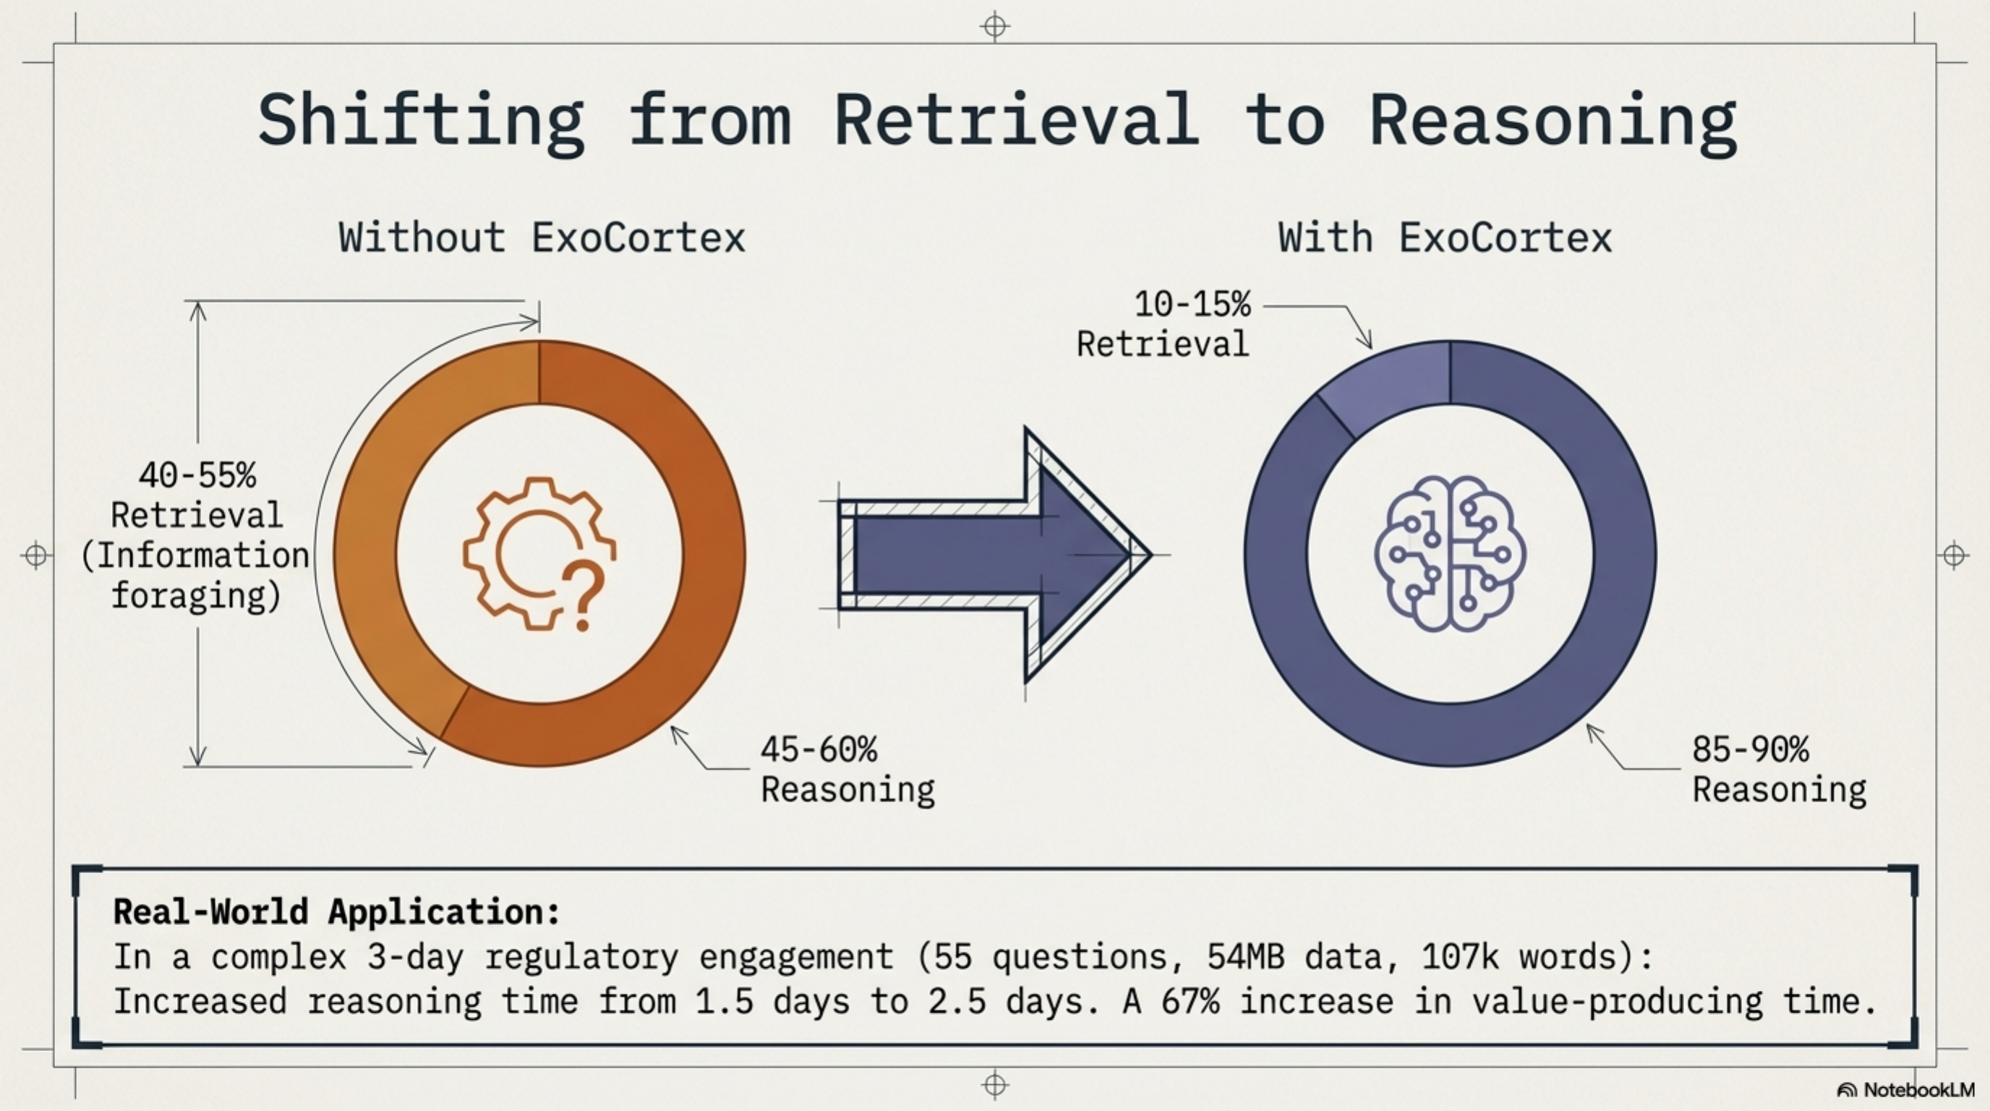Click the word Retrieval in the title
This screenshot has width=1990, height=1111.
1016,120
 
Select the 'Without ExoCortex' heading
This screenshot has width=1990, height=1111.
542,237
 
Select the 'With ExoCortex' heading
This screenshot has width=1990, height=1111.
1444,237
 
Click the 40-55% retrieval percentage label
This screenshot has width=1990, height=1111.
197,475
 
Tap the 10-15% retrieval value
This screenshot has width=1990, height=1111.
1192,305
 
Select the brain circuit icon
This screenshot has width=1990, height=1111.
1449,553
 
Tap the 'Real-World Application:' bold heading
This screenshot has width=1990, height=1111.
337,911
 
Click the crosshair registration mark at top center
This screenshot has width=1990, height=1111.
995,26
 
